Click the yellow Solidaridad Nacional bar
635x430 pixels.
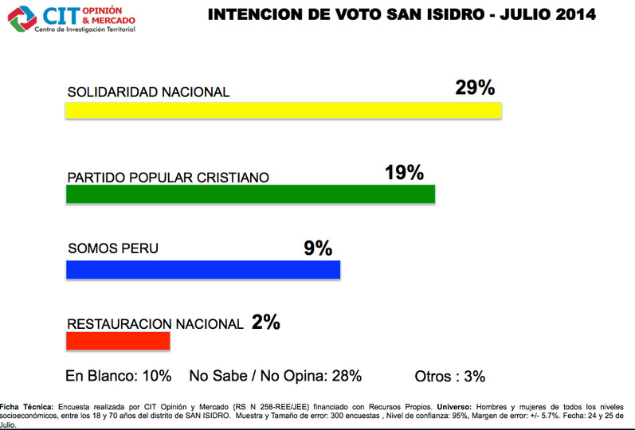click(x=283, y=110)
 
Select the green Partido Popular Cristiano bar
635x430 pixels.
click(x=250, y=194)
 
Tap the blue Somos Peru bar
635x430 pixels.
click(x=202, y=270)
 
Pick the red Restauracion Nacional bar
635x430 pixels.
click(x=118, y=341)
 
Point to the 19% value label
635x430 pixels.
click(x=404, y=172)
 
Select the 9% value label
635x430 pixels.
click(x=317, y=248)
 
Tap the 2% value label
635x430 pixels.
click(x=265, y=322)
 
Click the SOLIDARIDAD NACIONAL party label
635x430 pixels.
click(x=148, y=92)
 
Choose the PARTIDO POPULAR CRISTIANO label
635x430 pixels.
click(x=169, y=176)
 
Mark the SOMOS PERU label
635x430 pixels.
click(x=112, y=248)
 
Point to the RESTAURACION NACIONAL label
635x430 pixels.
click(x=155, y=324)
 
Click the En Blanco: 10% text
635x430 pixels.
click(x=118, y=376)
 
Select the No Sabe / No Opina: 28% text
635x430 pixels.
click(x=275, y=376)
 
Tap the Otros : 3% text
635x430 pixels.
click(x=449, y=376)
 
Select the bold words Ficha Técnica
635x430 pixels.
click(x=26, y=406)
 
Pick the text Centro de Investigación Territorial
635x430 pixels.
click(x=84, y=29)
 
